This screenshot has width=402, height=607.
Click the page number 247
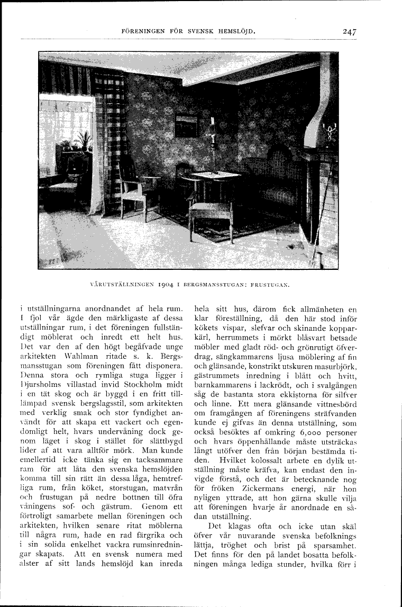[x=349, y=31]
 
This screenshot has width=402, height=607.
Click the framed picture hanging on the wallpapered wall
[x=186, y=126]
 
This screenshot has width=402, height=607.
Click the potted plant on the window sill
[x=83, y=141]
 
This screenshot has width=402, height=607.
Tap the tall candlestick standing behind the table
[x=212, y=140]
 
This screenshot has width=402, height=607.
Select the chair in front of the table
[x=212, y=211]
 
